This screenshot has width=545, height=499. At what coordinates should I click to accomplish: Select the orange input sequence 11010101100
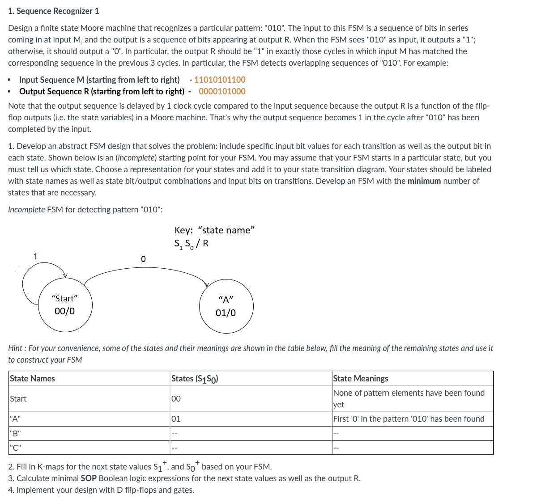tap(220, 80)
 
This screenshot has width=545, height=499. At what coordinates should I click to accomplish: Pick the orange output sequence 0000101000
tap(222, 91)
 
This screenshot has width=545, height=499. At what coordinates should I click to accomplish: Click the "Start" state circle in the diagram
tap(65, 305)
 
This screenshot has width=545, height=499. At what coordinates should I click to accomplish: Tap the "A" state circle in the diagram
tap(226, 306)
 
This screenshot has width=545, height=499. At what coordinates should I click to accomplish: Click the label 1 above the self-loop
tap(35, 256)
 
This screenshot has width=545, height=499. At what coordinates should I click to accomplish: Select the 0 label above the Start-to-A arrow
tap(143, 259)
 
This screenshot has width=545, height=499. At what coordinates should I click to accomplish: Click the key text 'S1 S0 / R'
tap(192, 244)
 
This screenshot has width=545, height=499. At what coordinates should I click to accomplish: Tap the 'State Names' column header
tap(32, 378)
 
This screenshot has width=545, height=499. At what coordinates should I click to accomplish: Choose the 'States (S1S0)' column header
tap(195, 379)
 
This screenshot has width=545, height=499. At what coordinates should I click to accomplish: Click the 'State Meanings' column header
tap(361, 378)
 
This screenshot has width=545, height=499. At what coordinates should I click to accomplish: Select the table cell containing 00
tap(176, 398)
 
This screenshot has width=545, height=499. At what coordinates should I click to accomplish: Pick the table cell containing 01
tap(176, 419)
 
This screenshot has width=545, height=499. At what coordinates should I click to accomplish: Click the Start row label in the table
tap(18, 398)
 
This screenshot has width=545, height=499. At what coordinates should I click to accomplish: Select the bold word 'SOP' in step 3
tap(88, 478)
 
